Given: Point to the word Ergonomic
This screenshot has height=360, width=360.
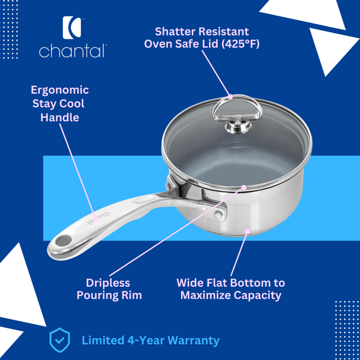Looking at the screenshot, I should pyautogui.click(x=60, y=90).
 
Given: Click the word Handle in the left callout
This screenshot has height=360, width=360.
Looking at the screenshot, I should pyautogui.click(x=60, y=117).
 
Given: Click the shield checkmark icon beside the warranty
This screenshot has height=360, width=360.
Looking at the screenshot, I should pyautogui.click(x=59, y=340).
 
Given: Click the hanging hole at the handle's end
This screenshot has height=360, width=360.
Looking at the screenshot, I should pyautogui.click(x=62, y=241).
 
